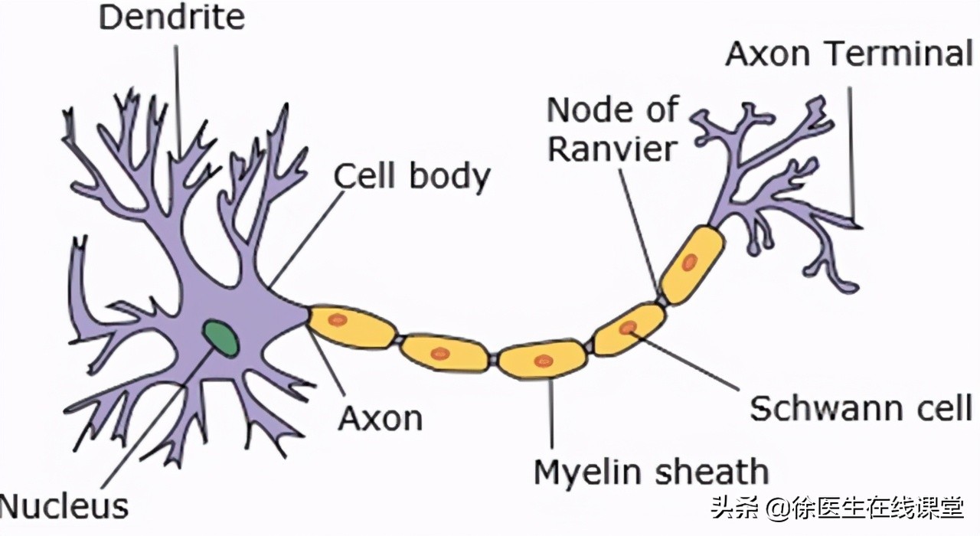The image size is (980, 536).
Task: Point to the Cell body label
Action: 412,176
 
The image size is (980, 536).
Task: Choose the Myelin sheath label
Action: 651,472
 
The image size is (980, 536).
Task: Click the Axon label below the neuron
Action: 381,418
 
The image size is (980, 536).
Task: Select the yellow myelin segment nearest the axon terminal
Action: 692,265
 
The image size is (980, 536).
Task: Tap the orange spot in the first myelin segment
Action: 338,319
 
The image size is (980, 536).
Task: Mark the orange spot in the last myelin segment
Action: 689,263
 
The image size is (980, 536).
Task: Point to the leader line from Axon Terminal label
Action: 851,153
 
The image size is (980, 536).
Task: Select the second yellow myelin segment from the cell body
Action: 445,354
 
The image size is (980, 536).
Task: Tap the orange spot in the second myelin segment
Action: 439,353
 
